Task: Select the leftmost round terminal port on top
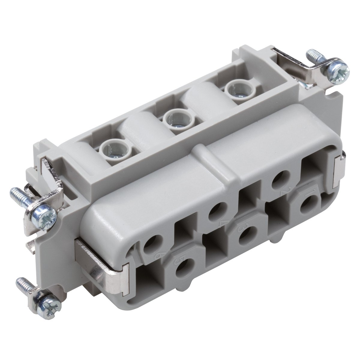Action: (115, 148)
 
